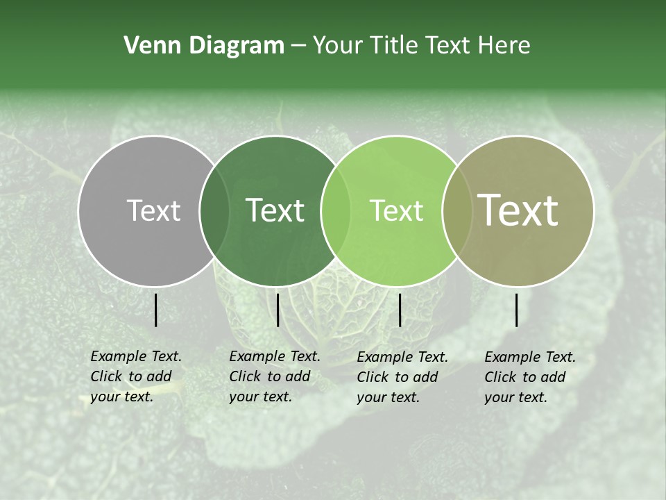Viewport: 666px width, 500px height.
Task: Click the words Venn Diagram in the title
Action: [x=204, y=46]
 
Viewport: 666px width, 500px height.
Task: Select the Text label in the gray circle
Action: [x=153, y=210]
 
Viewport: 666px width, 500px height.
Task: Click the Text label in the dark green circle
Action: [x=275, y=210]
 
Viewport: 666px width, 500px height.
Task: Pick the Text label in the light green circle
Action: [x=396, y=210]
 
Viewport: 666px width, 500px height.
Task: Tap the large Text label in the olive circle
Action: [x=518, y=210]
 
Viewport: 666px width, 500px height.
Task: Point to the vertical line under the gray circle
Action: [x=156, y=310]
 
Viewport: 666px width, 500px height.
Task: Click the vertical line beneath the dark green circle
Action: [x=277, y=310]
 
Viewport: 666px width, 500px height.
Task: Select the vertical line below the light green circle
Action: [x=400, y=310]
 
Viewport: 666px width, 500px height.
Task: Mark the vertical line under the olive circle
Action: [x=517, y=310]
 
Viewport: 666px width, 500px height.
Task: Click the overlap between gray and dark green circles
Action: [x=214, y=211]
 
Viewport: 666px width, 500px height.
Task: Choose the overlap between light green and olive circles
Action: [x=455, y=211]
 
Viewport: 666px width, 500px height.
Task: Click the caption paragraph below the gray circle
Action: [x=136, y=376]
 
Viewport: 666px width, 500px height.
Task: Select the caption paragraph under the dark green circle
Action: [x=275, y=376]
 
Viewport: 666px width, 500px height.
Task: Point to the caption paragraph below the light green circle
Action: [x=402, y=377]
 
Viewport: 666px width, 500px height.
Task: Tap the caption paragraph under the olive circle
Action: [x=530, y=377]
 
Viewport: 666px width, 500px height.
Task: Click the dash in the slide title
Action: [x=298, y=46]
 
